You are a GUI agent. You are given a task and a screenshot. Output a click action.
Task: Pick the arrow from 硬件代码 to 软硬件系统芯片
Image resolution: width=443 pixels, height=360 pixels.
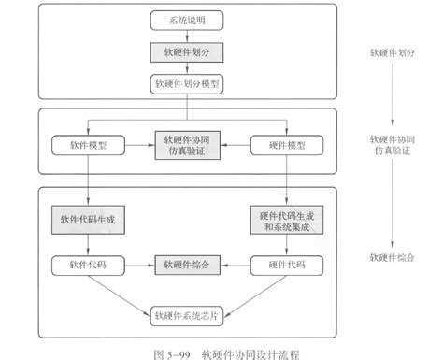[x=245, y=293]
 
